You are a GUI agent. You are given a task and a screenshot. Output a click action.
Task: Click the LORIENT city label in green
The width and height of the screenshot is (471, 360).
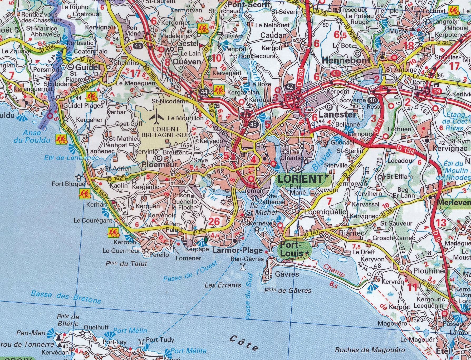(300, 179)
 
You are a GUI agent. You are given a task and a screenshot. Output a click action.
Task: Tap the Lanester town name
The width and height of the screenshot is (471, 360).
(337, 114)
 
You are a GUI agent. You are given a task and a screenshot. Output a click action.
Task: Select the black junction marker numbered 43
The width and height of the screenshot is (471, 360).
(254, 124)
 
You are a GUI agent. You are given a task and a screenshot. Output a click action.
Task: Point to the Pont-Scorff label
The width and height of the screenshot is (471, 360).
(249, 5)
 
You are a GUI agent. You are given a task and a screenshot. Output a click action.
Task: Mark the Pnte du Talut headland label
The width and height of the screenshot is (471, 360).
(126, 263)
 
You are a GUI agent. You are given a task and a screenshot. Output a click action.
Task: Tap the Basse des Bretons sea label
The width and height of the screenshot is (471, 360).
(66, 297)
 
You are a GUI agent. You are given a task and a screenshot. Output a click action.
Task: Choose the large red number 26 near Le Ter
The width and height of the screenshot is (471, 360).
(214, 222)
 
